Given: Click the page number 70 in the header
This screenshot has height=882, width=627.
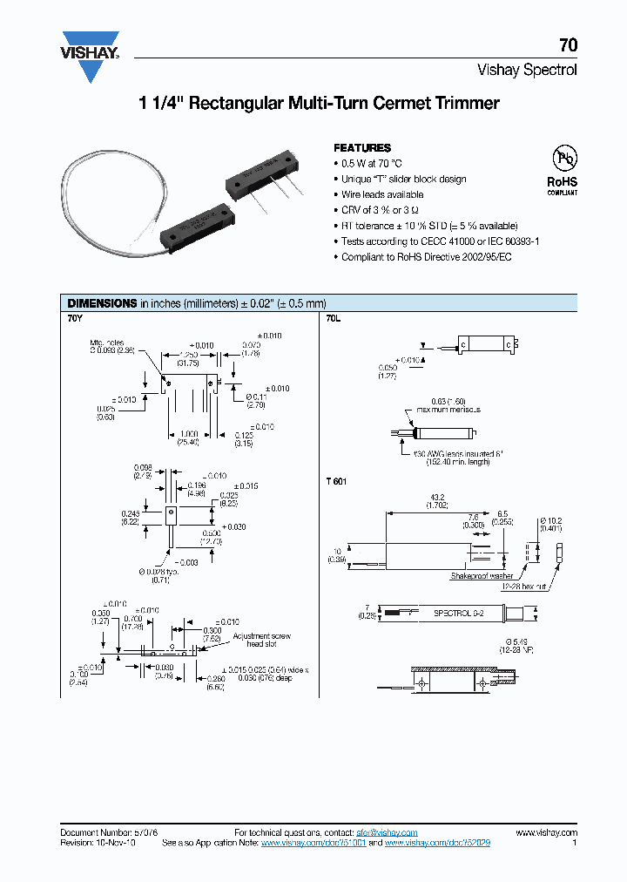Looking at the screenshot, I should (x=567, y=46).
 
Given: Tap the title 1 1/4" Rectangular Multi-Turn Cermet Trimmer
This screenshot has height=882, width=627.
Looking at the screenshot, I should (x=320, y=104).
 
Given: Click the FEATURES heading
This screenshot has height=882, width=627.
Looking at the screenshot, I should (x=362, y=148).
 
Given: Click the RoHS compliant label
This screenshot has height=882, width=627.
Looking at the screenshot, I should (x=562, y=185).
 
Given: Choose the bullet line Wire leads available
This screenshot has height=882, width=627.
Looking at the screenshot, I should (x=381, y=194).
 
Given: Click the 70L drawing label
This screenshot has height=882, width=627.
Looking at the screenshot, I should (x=334, y=319).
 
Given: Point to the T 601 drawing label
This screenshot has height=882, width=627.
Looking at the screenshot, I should (x=337, y=481).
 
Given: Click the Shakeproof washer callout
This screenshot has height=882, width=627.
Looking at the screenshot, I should (x=482, y=576).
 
